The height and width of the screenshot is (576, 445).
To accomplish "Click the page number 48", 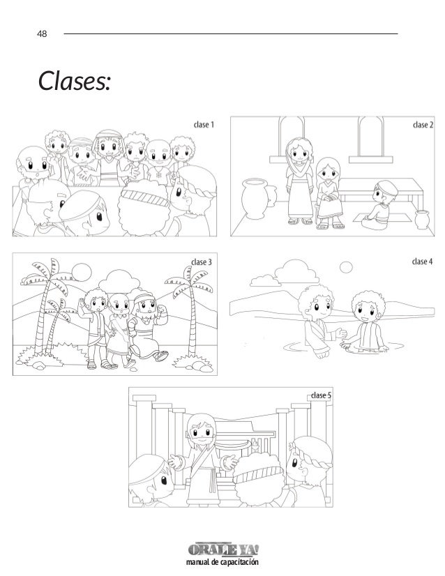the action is pos(42,33).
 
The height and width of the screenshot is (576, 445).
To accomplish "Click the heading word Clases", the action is pos(74,81).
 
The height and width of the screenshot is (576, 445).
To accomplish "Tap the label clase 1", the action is pos(204,125).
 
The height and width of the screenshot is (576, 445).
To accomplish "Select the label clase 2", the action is pos(423,125).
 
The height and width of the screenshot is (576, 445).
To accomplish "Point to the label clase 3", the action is pos(202,262).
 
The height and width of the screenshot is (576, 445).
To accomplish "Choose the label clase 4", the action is pos(422,262).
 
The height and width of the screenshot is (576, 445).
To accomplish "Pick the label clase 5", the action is pos(321,395).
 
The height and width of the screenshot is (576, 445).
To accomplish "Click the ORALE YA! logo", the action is pos(223,550).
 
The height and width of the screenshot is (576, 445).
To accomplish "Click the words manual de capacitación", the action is pos(222,562).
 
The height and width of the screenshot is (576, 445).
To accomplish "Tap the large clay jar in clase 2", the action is pos(254,198).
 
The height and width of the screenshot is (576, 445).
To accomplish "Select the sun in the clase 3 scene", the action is pos(81,273).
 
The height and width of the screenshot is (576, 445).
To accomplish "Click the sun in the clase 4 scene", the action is pos(346,268).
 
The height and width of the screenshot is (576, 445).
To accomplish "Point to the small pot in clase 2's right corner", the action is pos(422,219).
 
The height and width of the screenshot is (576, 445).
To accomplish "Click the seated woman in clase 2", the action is pos(329,193).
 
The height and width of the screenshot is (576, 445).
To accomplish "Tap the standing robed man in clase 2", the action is pos(300,181).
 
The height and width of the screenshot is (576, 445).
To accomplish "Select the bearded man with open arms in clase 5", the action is pos(203,459).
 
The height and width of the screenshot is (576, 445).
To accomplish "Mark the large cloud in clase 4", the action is pos(296,272).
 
